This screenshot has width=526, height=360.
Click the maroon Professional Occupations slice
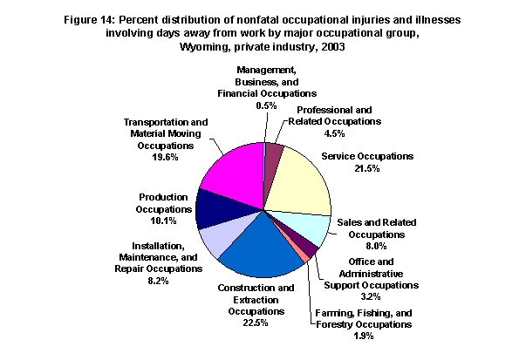coord(273,158)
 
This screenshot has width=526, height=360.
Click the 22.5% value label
coord(256,323)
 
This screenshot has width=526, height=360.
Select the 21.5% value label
coord(367,168)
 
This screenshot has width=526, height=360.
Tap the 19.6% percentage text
coord(165,157)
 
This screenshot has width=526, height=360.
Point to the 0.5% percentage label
coord(266,105)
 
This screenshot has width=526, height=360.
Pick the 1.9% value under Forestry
coord(364,336)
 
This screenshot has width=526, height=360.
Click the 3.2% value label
coord(371,296)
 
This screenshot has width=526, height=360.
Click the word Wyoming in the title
coord(205,46)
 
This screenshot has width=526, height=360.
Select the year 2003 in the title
coord(332,46)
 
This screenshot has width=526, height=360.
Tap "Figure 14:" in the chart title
coord(90,20)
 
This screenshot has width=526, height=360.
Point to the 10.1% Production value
coord(163,221)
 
